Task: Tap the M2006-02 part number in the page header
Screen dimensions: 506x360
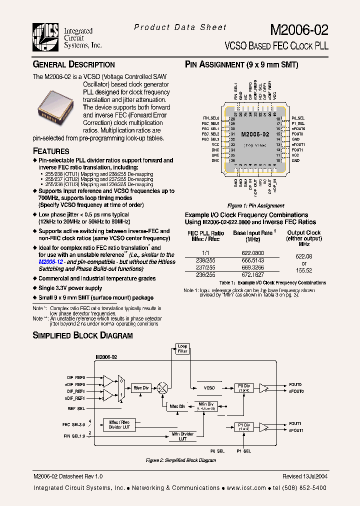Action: (x=300, y=30)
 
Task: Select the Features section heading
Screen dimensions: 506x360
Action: (x=51, y=151)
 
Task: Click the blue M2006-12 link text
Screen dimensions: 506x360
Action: (x=53, y=261)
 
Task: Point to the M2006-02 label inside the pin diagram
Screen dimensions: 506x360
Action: (x=255, y=134)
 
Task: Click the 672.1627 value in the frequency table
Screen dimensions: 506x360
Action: (x=252, y=274)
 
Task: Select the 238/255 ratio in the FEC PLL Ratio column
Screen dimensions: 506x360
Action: (x=199, y=260)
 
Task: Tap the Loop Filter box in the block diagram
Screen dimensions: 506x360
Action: (x=182, y=348)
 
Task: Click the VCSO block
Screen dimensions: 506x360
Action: (x=209, y=387)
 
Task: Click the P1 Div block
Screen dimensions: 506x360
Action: (x=243, y=426)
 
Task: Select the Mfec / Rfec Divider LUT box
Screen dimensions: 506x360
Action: (x=119, y=424)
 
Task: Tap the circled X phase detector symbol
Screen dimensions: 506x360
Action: (x=162, y=387)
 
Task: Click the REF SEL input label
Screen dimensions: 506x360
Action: (x=76, y=408)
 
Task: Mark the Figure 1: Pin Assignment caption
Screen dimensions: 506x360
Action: (x=255, y=205)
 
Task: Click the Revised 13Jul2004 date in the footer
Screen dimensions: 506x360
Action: (x=304, y=476)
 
